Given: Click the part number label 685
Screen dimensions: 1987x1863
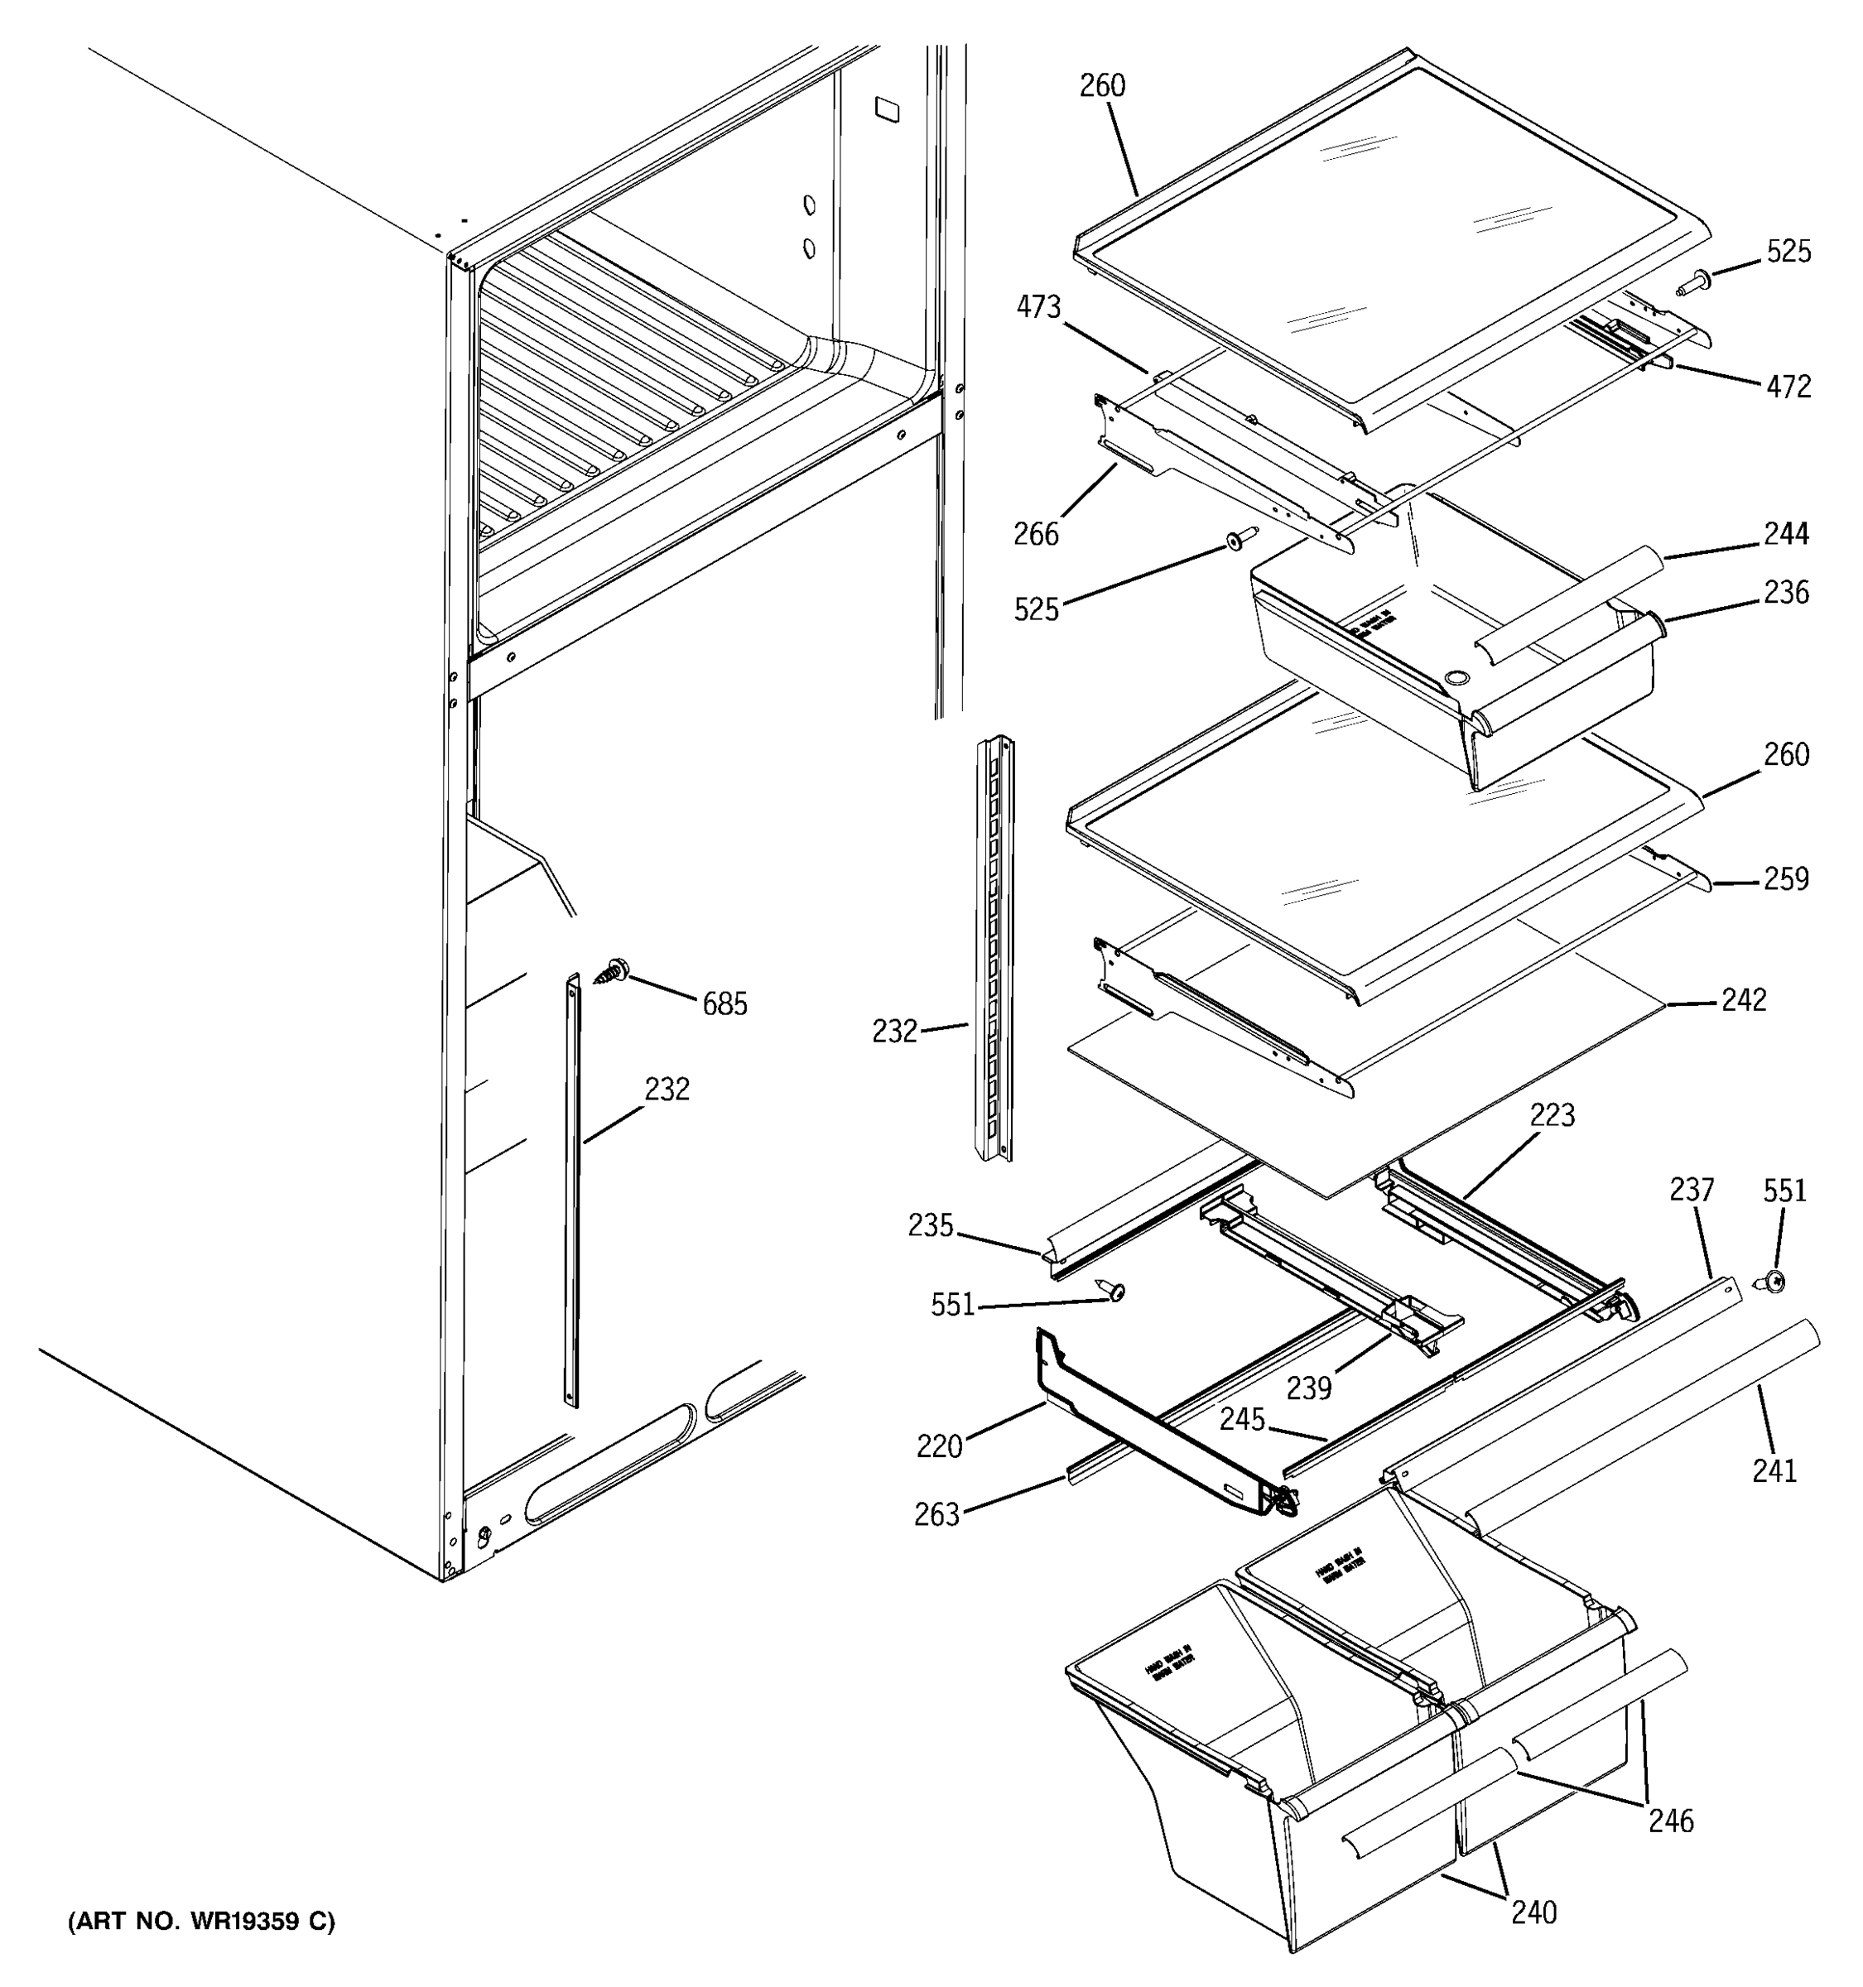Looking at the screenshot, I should pyautogui.click(x=724, y=1003).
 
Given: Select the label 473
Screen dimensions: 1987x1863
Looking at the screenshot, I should pyautogui.click(x=1038, y=307).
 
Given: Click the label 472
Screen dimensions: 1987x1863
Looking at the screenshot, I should pyautogui.click(x=1788, y=387).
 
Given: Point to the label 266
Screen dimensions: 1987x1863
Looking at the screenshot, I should pyautogui.click(x=1036, y=535).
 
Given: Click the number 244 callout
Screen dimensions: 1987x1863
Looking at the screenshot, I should pyautogui.click(x=1785, y=534).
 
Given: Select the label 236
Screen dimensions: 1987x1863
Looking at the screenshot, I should pyautogui.click(x=1785, y=593).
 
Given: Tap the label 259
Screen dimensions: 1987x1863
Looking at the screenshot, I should pyautogui.click(x=1786, y=878).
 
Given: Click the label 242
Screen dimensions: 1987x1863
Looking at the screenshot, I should pyautogui.click(x=1743, y=999).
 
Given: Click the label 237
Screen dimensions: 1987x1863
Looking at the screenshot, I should pyautogui.click(x=1691, y=1191).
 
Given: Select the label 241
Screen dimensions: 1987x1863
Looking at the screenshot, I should pyautogui.click(x=1774, y=1470).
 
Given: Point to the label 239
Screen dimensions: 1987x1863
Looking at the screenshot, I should pyautogui.click(x=1308, y=1388).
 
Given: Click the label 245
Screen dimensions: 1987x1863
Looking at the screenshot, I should pyautogui.click(x=1241, y=1419).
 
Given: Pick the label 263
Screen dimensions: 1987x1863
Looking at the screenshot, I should pyautogui.click(x=936, y=1515).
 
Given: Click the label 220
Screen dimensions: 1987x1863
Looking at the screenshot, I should pyautogui.click(x=938, y=1446).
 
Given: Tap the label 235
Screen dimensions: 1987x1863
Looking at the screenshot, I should pyautogui.click(x=931, y=1225).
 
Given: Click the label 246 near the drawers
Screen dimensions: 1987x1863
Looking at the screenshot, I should pyautogui.click(x=1670, y=1821).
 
